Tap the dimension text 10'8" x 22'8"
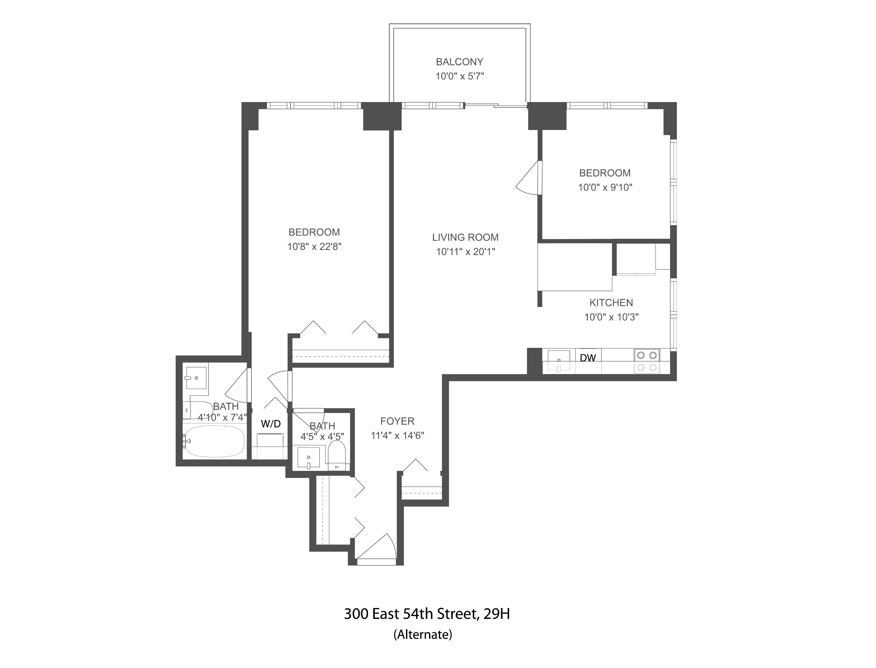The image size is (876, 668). click(x=314, y=246)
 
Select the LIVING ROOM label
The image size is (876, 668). click(x=465, y=238)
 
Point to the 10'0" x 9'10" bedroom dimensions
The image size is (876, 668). click(x=605, y=187)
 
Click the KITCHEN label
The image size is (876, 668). click(x=611, y=302)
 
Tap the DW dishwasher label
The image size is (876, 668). click(x=588, y=358)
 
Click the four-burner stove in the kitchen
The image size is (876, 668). click(x=647, y=361)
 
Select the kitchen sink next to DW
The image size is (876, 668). click(x=558, y=361)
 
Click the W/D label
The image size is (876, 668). click(x=271, y=424)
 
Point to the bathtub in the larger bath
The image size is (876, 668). click(x=215, y=441)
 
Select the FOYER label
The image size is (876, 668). click(x=397, y=421)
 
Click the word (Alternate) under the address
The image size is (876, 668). click(x=422, y=635)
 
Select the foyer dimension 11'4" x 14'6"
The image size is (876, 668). click(x=397, y=435)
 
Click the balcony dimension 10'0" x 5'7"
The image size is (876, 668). click(x=459, y=76)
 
